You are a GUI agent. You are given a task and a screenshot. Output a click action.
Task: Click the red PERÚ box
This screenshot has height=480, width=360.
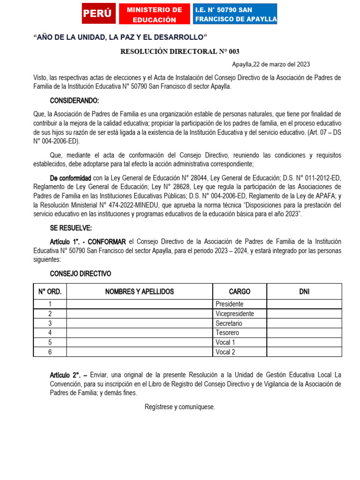[x=98, y=14]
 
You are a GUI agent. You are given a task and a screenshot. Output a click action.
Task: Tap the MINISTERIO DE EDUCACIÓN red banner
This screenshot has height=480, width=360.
[x=154, y=15]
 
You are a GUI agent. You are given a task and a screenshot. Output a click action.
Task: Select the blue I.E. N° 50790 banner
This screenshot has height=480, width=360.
[x=235, y=15]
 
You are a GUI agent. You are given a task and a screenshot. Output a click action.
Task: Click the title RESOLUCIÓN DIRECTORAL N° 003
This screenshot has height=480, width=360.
[x=180, y=52]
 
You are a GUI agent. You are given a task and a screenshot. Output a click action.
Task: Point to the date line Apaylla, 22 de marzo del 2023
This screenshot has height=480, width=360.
[x=271, y=64]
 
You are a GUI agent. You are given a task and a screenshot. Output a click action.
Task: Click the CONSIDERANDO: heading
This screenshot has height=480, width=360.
[x=74, y=101]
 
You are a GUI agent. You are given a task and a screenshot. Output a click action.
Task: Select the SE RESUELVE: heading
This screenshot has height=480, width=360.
[x=71, y=228]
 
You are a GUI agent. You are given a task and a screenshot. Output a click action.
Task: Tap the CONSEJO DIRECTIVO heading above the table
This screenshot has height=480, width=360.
[x=80, y=274]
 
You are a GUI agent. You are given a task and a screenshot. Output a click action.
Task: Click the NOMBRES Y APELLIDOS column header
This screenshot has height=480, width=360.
[x=139, y=292]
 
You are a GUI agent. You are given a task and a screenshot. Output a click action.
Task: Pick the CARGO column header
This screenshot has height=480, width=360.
[x=240, y=292]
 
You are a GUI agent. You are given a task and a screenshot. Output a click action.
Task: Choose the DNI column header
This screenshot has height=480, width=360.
[x=304, y=292]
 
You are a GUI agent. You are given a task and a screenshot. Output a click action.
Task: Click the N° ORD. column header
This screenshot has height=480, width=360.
[x=50, y=292]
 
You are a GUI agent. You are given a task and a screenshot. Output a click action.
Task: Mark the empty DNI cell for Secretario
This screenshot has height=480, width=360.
[x=304, y=323]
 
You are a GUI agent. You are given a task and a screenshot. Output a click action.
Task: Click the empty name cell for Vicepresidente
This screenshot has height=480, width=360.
[x=139, y=314]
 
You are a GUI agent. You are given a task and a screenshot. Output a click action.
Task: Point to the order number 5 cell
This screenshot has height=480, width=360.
[x=50, y=343]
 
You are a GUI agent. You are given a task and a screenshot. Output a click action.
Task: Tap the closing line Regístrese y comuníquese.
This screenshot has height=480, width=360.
[x=180, y=407]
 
